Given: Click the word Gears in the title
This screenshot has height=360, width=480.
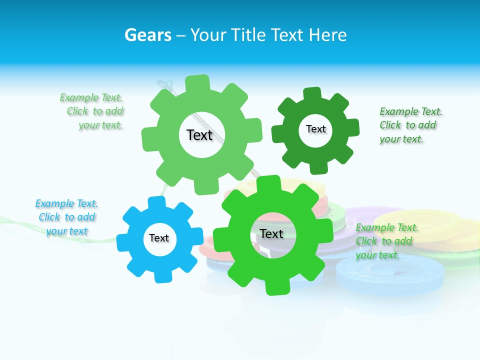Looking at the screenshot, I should click(x=148, y=35).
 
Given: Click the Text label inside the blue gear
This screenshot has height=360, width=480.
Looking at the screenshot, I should click(x=159, y=238).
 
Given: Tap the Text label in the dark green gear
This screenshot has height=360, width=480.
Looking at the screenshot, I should click(x=315, y=129).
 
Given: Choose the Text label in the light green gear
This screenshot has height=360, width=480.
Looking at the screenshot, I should click(x=199, y=135).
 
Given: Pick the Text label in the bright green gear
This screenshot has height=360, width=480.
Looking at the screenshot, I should click(x=271, y=233).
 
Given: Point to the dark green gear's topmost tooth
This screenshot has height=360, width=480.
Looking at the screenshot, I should click(x=312, y=93).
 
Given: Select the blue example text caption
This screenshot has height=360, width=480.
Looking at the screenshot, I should click(x=66, y=217).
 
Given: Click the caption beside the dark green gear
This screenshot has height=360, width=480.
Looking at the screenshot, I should click(x=410, y=125).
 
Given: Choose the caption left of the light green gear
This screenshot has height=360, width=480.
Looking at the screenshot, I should click(x=93, y=111).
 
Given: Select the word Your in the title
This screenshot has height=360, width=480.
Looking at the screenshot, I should click(x=209, y=35).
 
